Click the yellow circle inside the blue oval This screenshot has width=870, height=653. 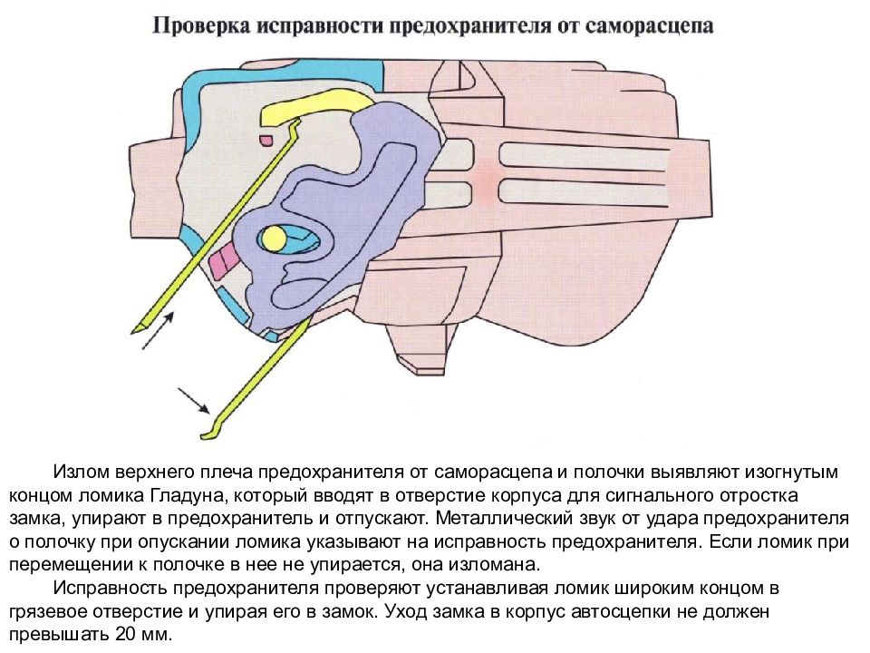coord(273,239)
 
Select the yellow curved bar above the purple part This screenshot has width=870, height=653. coord(317,108)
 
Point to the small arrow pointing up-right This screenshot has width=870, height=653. coord(159,330)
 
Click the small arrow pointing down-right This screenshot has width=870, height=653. coord(194,401)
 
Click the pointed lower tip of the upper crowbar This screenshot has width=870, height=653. coord(133,332)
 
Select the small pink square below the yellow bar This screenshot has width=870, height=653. coord(266,139)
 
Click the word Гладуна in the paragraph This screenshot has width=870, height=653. coord(187,495)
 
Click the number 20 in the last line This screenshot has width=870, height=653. coord(125,634)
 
